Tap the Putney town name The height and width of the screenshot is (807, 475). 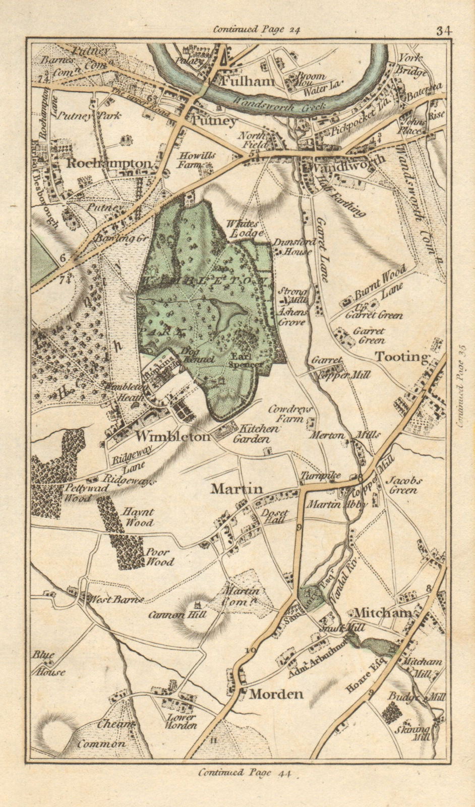(214, 121)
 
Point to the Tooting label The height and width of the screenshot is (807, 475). (401, 357)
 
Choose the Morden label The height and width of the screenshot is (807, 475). (276, 694)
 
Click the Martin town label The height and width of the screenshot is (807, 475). (237, 488)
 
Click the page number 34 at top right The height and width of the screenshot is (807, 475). (444, 30)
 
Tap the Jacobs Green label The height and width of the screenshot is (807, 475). (403, 485)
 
